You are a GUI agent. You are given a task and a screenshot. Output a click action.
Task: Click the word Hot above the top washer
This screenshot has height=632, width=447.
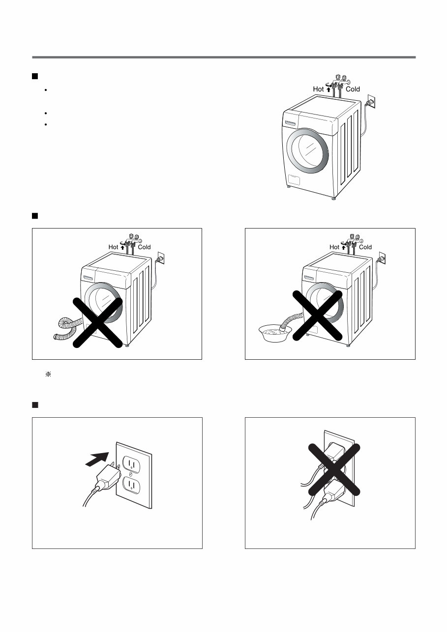click(x=318, y=89)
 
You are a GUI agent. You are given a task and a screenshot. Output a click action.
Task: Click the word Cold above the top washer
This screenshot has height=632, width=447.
click(x=353, y=89)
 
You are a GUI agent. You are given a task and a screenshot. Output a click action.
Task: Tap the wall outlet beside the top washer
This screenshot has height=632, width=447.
click(x=371, y=101)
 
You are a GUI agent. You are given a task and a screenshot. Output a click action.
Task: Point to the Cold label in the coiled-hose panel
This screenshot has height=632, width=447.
click(x=144, y=247)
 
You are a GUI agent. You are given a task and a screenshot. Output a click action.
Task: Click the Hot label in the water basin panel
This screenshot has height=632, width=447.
click(x=334, y=247)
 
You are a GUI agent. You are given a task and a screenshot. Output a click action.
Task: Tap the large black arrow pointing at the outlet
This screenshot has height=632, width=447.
click(x=96, y=459)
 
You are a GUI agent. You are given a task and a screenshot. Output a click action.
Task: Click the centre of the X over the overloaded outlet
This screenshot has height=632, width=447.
click(x=334, y=469)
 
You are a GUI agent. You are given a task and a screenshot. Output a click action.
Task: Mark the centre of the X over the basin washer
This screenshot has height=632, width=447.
click(x=318, y=315)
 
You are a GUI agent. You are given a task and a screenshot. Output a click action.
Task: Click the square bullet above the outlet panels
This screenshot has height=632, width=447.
click(x=35, y=405)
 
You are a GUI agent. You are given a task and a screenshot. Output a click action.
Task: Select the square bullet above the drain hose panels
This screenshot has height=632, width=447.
click(x=35, y=216)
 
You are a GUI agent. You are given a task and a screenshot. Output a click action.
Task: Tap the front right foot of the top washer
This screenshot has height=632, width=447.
click(x=334, y=198)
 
